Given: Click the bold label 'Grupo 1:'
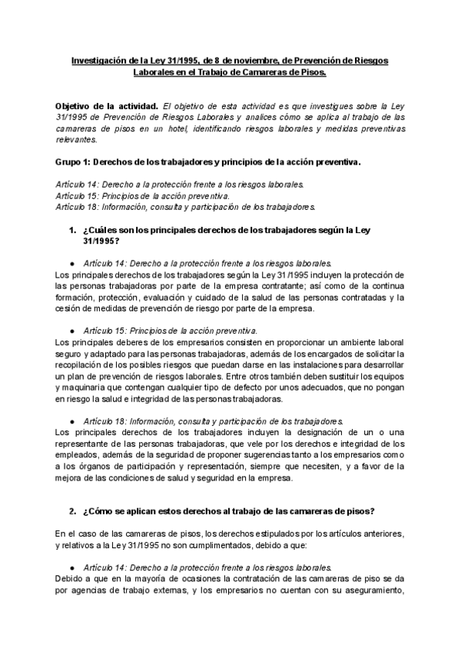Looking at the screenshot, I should click(x=75, y=163).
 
